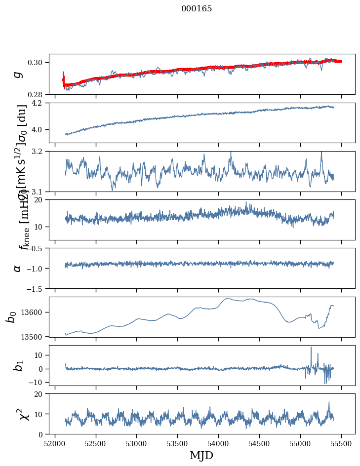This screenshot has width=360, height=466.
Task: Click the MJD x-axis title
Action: [x=201, y=455]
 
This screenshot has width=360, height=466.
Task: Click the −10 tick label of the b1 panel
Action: [x=37, y=383]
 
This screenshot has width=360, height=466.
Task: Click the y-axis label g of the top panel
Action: [x=18, y=74]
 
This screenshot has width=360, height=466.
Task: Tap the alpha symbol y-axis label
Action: [x=18, y=268]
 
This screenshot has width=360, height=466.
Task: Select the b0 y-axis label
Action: [x=11, y=316]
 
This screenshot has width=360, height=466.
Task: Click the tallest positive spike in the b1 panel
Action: [x=311, y=348]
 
